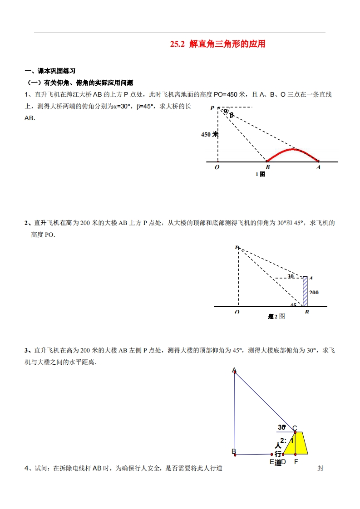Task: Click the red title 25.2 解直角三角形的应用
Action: tap(217, 44)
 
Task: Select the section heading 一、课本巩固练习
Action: tap(49, 71)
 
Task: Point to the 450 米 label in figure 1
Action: tap(210, 134)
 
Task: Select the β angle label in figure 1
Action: tap(232, 115)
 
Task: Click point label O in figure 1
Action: tap(217, 167)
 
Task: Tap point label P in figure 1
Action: tap(212, 108)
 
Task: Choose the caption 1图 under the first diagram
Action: tap(260, 174)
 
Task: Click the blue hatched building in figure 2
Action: tap(305, 291)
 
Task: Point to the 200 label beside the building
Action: tap(314, 293)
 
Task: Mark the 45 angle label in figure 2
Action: tap(293, 305)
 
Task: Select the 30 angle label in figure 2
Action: tap(291, 276)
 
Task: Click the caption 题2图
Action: tap(276, 316)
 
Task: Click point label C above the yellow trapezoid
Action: tap(295, 428)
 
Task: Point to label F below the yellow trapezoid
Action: tap(296, 462)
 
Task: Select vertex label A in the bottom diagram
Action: tap(234, 370)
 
